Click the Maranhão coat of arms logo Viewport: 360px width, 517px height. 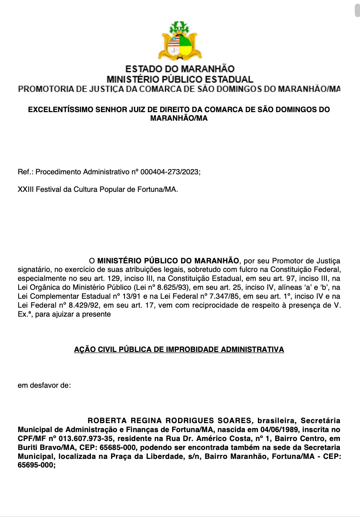(180, 41)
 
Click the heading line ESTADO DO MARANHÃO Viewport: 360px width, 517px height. (180, 69)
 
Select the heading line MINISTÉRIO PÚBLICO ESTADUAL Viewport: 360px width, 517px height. (180, 79)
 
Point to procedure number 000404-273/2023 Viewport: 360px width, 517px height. (170, 172)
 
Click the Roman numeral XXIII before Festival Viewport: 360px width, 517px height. (26, 189)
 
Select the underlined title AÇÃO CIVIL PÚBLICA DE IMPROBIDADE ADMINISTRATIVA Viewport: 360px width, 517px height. (179, 349)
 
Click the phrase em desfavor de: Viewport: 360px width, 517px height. (44, 385)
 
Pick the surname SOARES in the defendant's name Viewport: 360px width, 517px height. (234, 421)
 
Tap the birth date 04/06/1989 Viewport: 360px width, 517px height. (279, 429)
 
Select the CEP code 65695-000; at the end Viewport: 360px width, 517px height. (37, 465)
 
